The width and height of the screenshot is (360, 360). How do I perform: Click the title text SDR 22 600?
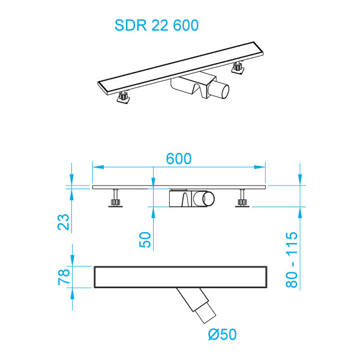point(157,25)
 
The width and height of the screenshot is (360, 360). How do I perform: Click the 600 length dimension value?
point(179,159)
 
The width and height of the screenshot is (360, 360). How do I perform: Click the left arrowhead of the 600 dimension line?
point(96,167)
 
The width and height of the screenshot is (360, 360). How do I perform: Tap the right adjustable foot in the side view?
point(242,199)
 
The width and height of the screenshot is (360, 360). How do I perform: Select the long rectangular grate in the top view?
point(180,276)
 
